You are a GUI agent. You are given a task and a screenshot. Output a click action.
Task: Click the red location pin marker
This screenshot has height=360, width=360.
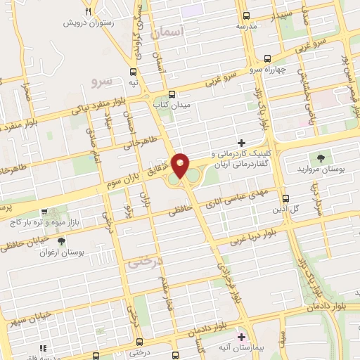(181, 165)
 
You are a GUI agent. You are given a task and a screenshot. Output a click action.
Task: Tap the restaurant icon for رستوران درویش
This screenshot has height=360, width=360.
(88, 12)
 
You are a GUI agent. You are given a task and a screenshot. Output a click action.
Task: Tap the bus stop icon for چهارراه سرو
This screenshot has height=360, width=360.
(266, 60)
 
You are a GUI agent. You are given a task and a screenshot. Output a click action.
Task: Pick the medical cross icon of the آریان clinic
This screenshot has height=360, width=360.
(241, 143)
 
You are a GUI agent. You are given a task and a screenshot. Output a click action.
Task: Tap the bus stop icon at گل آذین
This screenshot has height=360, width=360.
(285, 199)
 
